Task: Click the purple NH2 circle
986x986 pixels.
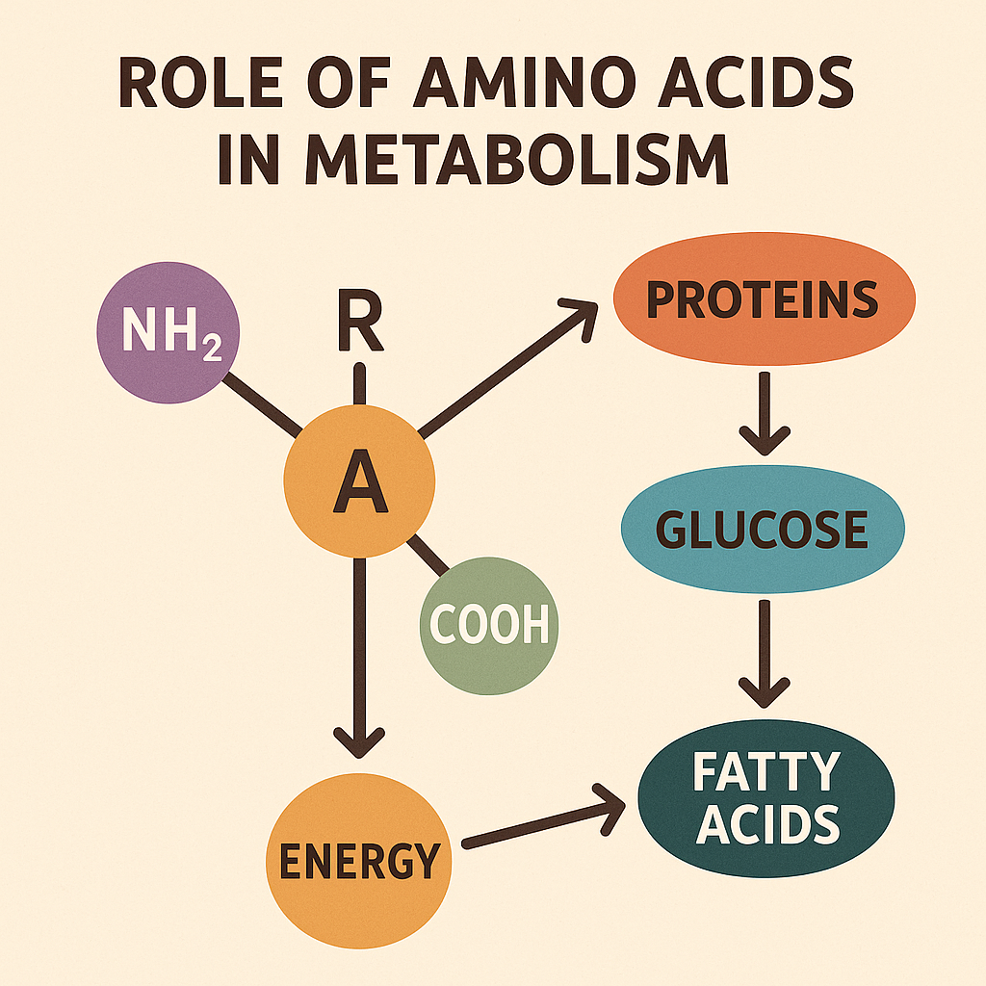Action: coord(168,332)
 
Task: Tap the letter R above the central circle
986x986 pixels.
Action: coord(360,320)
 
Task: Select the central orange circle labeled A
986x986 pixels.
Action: coord(359,481)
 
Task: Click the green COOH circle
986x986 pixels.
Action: coord(488,626)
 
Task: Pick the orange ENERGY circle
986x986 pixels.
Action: coord(358,860)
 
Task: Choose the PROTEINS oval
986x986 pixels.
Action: coord(764,298)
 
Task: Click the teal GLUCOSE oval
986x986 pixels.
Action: coord(763,529)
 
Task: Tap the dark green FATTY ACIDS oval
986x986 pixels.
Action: coord(765,798)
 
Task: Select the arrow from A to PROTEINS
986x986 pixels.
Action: coord(506,369)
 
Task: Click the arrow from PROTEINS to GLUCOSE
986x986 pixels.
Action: coord(765,413)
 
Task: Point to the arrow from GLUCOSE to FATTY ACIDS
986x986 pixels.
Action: coord(765,654)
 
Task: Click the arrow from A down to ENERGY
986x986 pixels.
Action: coord(359,658)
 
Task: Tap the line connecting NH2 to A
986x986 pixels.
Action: coord(262,404)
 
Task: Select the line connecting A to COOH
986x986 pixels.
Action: coord(428,556)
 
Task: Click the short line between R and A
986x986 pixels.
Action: coord(359,383)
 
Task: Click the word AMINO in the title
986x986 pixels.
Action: coord(520,83)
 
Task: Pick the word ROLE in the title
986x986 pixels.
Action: coord(200,83)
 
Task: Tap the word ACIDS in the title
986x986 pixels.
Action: coord(755,83)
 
